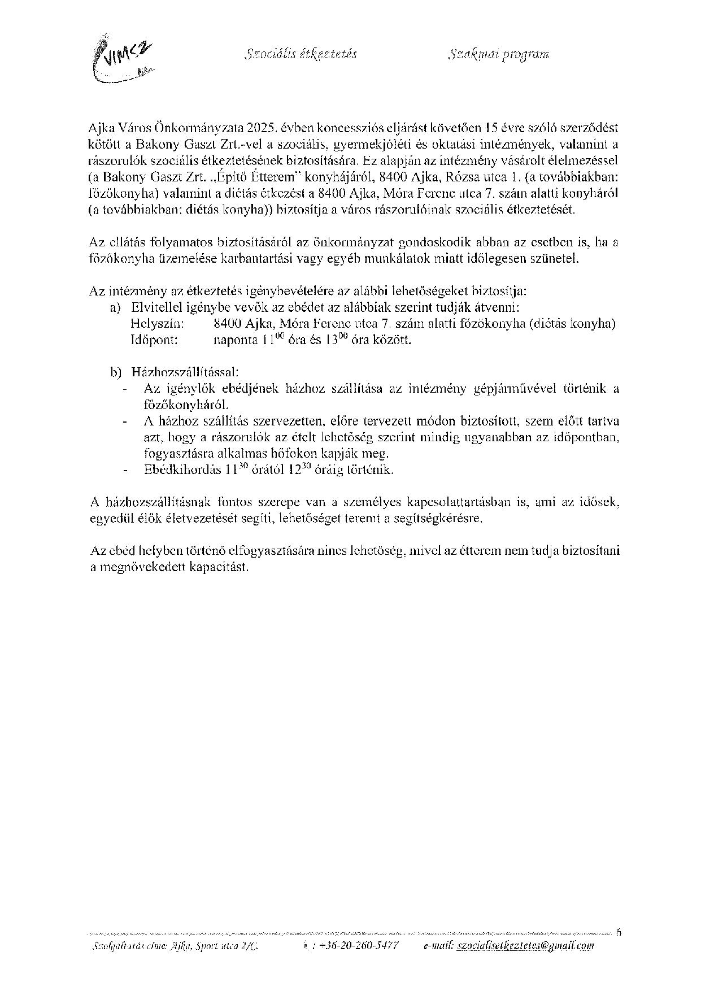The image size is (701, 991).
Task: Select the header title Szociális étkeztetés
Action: point(301,54)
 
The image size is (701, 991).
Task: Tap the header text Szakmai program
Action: point(499,54)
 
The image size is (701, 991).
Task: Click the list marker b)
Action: point(116,372)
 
